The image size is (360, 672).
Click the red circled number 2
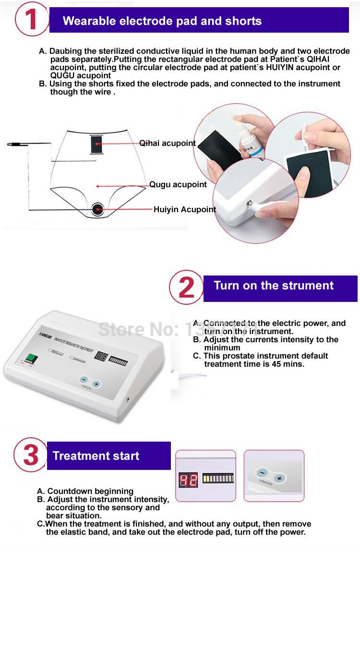[x=186, y=288]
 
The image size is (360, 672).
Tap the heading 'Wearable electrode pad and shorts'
[x=162, y=21]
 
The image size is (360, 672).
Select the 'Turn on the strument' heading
[x=274, y=286]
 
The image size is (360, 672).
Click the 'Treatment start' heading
[x=96, y=456]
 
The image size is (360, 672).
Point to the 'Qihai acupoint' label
[x=168, y=143]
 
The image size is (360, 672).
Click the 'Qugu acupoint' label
[x=178, y=184]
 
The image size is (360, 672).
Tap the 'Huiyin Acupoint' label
[x=185, y=209]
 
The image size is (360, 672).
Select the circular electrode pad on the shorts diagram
[x=98, y=209]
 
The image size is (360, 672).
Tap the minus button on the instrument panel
[x=84, y=380]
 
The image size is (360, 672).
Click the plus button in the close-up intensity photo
[x=279, y=478]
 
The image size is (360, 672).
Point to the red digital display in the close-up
[x=188, y=480]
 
